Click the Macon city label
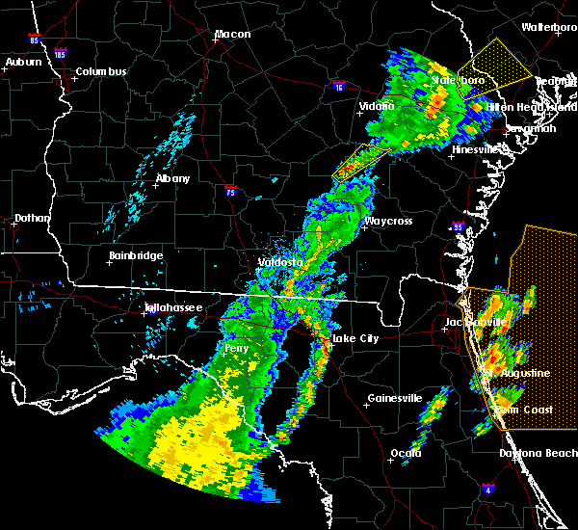pos(232,35)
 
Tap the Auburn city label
pos(24,63)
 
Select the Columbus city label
pos(101,72)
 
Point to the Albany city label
pos(173,179)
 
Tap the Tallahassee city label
pos(173,308)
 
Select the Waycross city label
pos(388,222)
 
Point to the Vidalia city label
pos(377,106)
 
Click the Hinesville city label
pos(476,150)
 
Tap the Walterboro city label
pos(548,28)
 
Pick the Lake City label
pos(355,339)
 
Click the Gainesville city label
pos(395,398)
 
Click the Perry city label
pos(236,348)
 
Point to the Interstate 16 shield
pos(339,87)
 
